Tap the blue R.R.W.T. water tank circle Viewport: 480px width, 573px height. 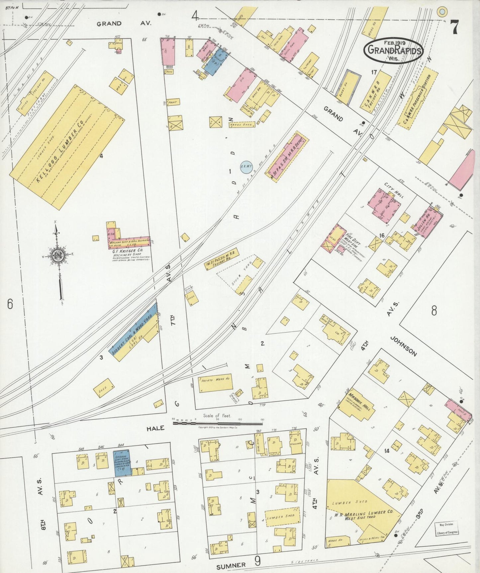coord(247,167)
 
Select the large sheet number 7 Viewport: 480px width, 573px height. coord(454,27)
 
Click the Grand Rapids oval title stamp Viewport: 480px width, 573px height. coord(393,51)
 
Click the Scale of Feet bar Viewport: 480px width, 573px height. coord(218,423)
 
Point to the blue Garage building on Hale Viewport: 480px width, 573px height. coord(122,462)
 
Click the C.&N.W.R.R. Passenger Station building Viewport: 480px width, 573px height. coord(417,100)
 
